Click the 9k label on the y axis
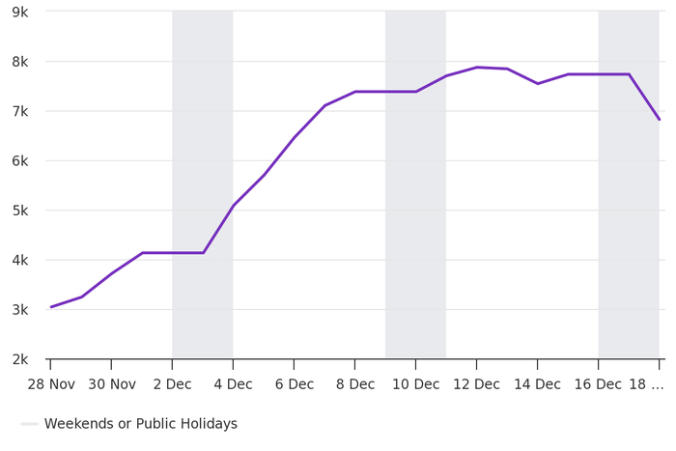tap(19, 12)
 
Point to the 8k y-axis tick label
tap(19, 62)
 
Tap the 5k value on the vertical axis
tap(19, 211)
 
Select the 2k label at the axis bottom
tap(19, 359)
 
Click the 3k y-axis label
tap(19, 310)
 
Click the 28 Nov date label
tap(51, 384)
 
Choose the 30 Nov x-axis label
tap(112, 384)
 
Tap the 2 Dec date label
tap(172, 384)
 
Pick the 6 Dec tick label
tap(294, 384)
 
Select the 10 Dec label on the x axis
tap(415, 384)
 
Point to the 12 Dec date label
tap(476, 384)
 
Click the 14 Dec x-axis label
tap(537, 384)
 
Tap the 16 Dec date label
tap(598, 384)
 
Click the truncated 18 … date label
tap(646, 384)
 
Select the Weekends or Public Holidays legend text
tap(141, 424)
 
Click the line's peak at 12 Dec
tap(476, 68)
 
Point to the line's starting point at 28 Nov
tap(51, 307)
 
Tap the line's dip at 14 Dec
tap(537, 84)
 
